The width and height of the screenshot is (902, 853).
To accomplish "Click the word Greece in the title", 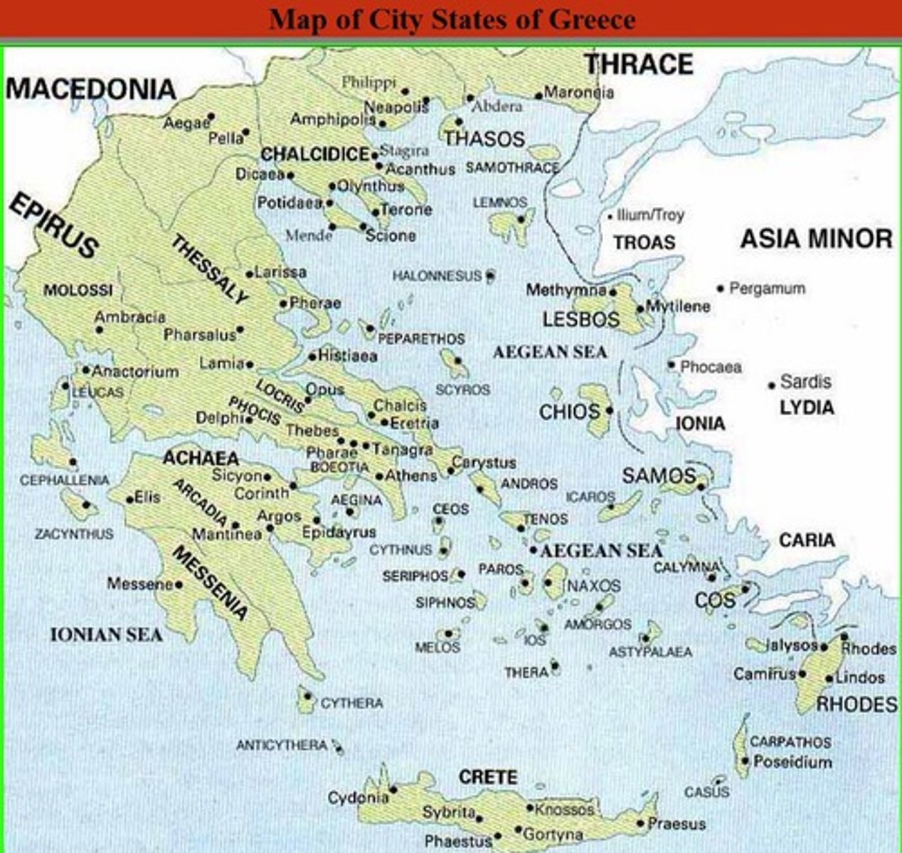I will [x=591, y=19].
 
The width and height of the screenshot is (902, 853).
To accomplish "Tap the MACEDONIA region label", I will [x=90, y=90].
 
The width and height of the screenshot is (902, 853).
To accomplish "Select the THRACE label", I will [x=639, y=65].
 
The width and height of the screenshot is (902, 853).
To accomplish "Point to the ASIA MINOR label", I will [x=816, y=239].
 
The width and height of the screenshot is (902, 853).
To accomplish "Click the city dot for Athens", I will [x=380, y=477].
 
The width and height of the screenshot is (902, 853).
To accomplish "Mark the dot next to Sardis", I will [x=771, y=385].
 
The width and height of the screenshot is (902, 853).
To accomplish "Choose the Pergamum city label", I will [x=767, y=289].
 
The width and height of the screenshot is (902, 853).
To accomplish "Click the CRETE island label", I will [x=488, y=777].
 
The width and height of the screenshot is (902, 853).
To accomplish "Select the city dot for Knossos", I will [x=530, y=808].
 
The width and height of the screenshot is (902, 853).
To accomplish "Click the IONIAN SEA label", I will [x=106, y=635].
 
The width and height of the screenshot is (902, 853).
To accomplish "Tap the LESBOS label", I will [x=580, y=320].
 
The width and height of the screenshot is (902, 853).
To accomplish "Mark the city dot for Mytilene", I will [x=640, y=309].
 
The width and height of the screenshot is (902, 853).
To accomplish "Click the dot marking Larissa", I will [x=250, y=274].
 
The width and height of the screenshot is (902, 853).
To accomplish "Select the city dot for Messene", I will [x=179, y=585].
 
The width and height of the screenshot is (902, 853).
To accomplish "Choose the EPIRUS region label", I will [x=53, y=225].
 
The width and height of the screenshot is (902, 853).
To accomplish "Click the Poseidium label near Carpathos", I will [x=792, y=762].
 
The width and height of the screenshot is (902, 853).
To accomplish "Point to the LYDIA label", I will [x=807, y=408].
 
